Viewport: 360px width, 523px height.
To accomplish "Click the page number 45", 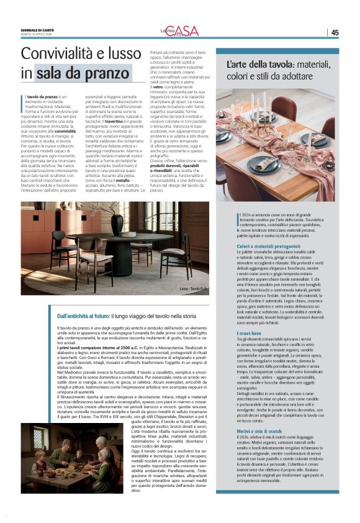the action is tap(335, 32).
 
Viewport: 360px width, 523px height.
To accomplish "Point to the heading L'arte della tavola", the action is tap(256, 64).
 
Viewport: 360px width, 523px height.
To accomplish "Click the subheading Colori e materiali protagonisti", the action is tap(269, 247).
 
